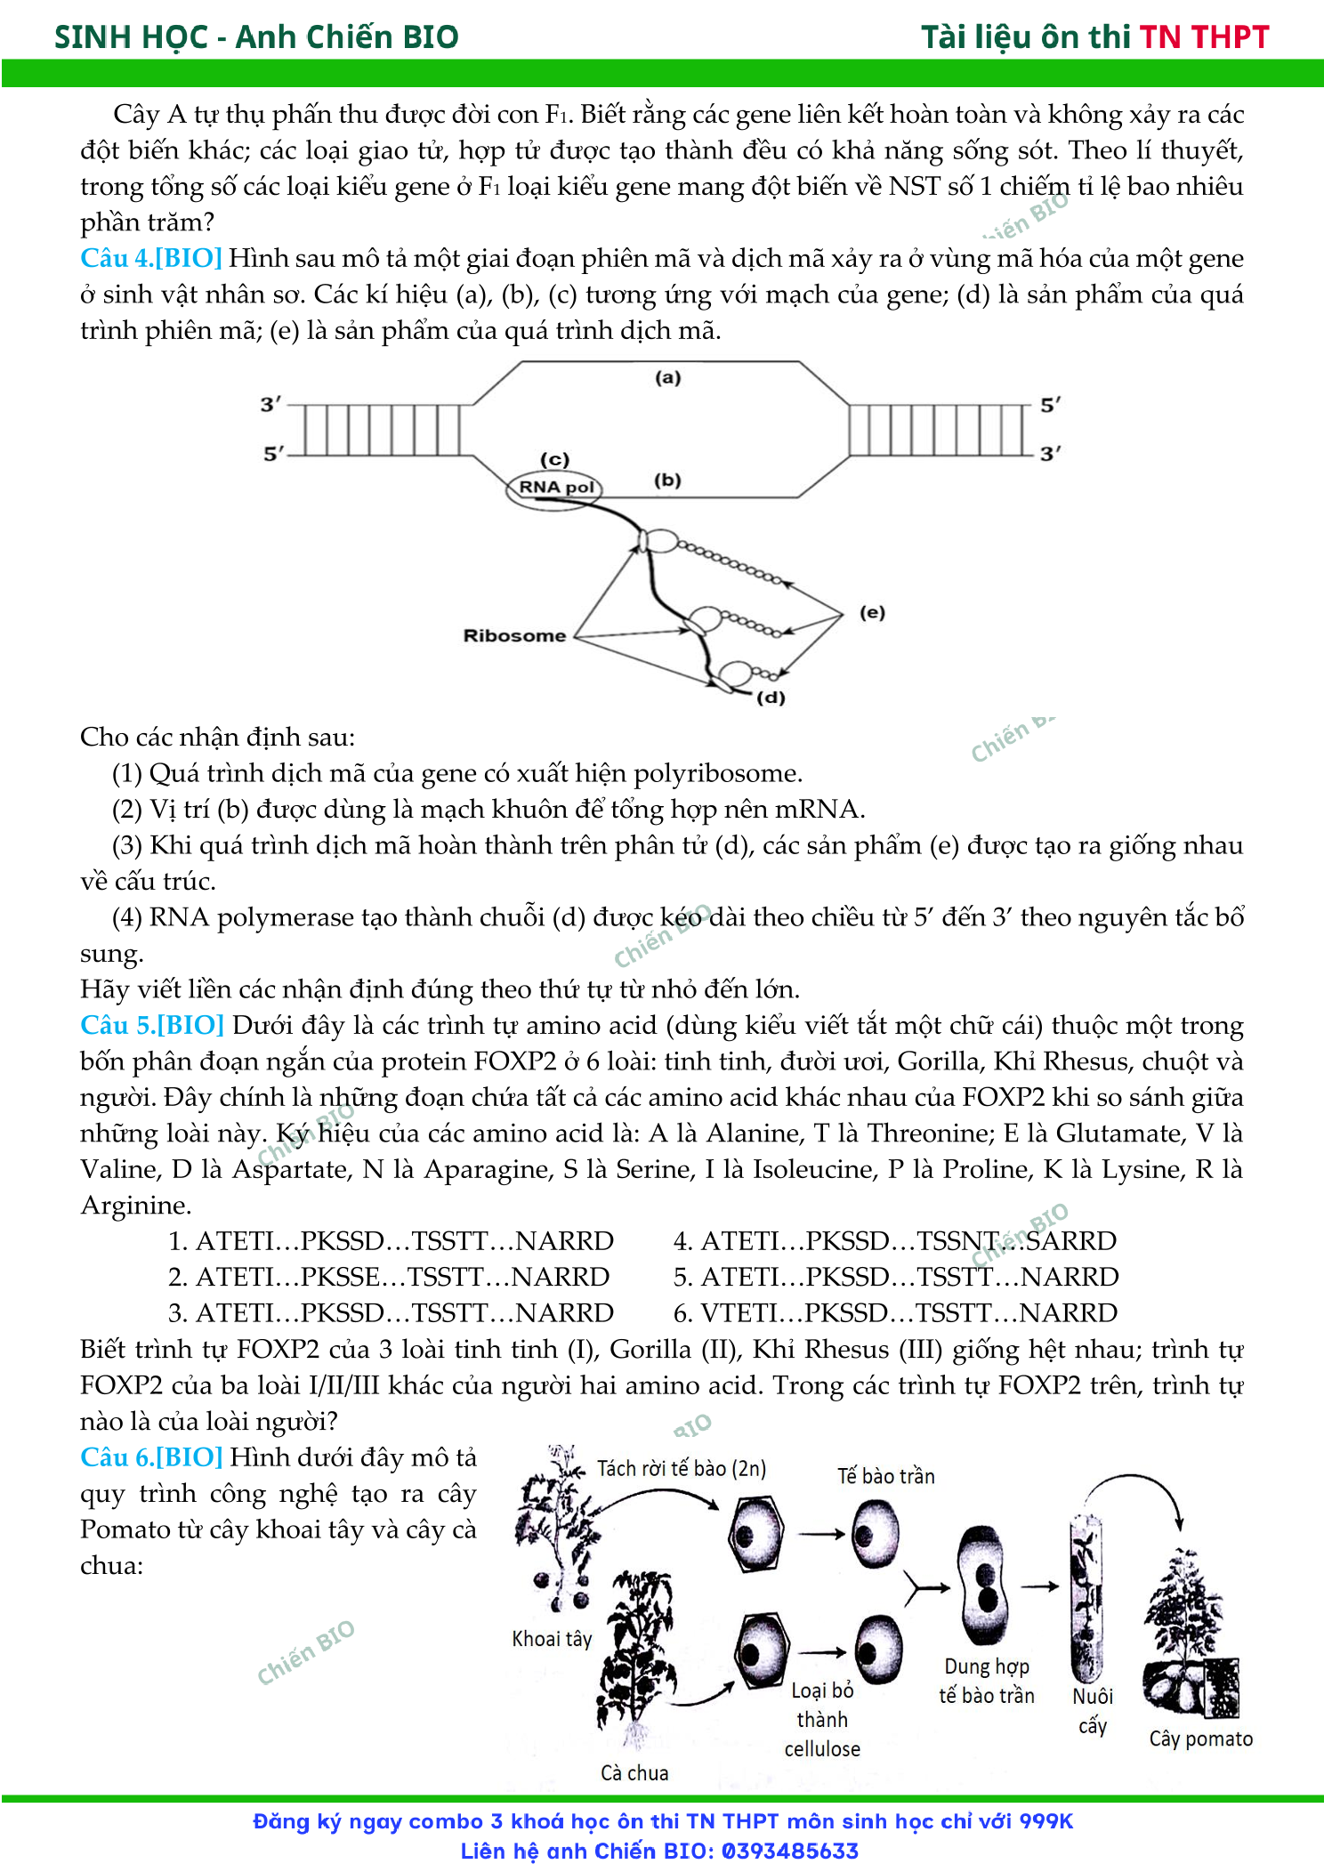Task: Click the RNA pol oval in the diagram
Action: tap(555, 488)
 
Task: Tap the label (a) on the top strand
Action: tap(667, 377)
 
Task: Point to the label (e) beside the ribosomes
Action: tap(872, 612)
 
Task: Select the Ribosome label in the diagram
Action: tap(514, 635)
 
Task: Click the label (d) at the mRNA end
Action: tap(771, 698)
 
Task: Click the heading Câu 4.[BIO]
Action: tap(151, 258)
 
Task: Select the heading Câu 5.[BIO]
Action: tap(152, 1025)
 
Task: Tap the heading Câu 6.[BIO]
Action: tap(151, 1456)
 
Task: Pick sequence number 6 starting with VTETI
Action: tap(895, 1312)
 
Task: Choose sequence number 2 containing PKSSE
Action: tap(389, 1277)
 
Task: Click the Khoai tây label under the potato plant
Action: tap(552, 1639)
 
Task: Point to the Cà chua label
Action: tap(634, 1772)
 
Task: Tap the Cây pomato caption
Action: tap(1201, 1739)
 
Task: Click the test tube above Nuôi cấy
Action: tap(1086, 1596)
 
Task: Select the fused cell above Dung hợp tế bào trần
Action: tap(985, 1585)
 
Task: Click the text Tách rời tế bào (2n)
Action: tap(682, 1468)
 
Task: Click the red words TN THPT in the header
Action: tap(1205, 36)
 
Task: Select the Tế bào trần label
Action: tap(886, 1476)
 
